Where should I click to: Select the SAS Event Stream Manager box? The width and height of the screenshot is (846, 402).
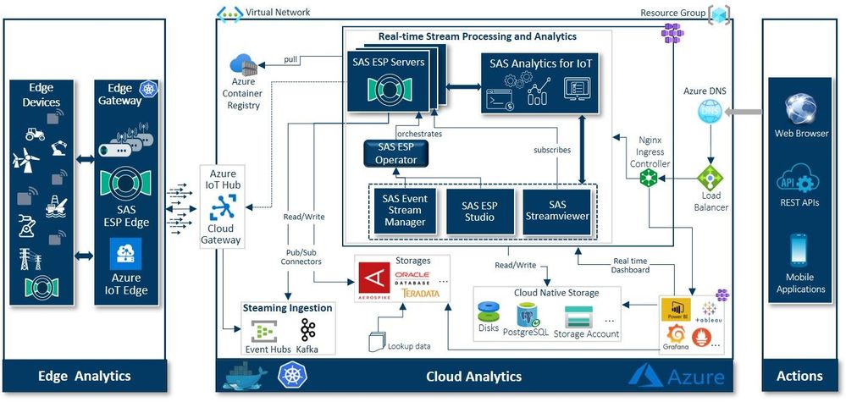coord(403,211)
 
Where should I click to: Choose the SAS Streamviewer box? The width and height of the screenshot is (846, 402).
coord(556,211)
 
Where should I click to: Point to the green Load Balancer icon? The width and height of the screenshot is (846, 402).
coord(709,179)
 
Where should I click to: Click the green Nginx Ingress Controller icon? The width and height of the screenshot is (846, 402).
coord(650,179)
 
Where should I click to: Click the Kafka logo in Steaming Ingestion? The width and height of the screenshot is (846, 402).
coord(307,330)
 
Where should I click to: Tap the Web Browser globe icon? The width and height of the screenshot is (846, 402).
coord(799,108)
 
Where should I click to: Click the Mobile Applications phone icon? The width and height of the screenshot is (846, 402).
coord(799,251)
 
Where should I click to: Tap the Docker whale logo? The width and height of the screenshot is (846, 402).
coord(240,376)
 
